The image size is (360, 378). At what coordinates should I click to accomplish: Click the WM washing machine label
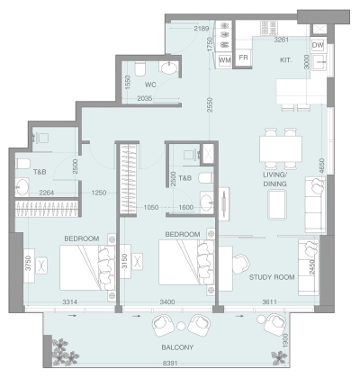coord(224,59)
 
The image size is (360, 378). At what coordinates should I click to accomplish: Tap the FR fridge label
coord(244,58)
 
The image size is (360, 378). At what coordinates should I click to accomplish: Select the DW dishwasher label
coord(317,45)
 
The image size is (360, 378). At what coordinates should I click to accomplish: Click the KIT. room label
coord(286,59)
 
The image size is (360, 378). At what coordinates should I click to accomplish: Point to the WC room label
coord(151,85)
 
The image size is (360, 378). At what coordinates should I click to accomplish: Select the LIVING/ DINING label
coord(274,178)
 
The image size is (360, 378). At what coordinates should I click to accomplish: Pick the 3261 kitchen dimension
coord(282,40)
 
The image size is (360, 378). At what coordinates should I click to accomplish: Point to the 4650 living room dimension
coord(320,166)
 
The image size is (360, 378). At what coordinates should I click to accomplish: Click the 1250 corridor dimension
coord(99,193)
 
